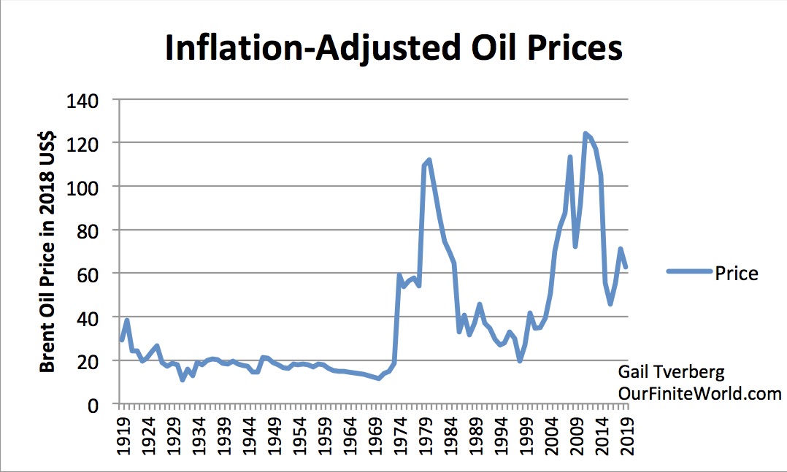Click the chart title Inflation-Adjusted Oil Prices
(x=393, y=48)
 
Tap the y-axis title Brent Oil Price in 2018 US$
(x=48, y=252)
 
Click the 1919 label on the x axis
(x=122, y=436)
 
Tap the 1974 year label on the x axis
(x=399, y=436)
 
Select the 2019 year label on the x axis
(x=627, y=436)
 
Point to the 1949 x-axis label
(x=273, y=436)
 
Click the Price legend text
(x=737, y=274)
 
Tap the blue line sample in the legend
(x=689, y=272)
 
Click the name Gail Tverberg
(x=670, y=372)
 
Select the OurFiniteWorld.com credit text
(x=699, y=394)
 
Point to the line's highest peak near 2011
(x=586, y=134)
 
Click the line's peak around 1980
(x=429, y=160)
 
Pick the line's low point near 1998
(x=520, y=360)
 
